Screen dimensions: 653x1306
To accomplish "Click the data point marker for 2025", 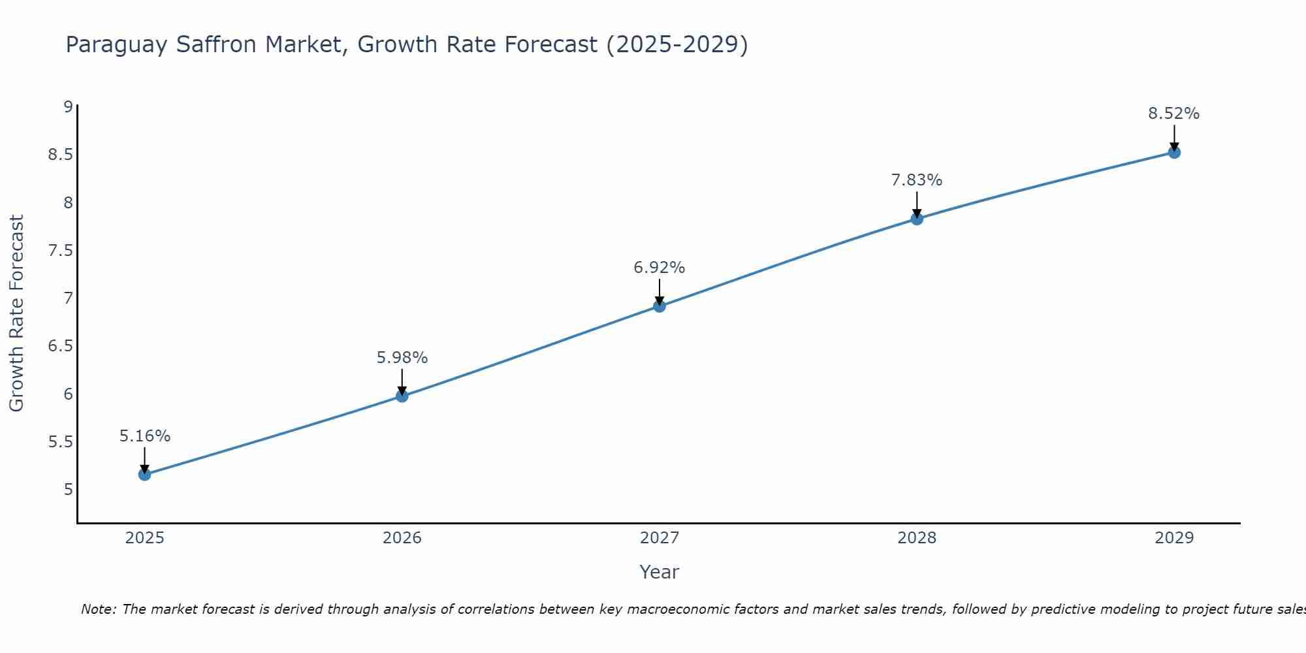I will coord(145,474).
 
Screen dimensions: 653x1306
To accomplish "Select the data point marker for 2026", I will coord(402,396).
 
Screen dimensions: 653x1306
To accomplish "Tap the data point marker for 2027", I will coord(660,306).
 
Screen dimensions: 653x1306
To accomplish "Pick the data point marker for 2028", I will coord(917,219).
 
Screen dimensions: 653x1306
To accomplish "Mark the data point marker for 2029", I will coord(1174,152).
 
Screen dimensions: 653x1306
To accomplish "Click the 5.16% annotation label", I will coord(145,436).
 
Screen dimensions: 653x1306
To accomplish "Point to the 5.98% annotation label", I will coord(402,358).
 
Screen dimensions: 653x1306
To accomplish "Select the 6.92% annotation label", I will coord(660,268).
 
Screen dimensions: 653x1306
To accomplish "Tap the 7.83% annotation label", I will coord(917,180).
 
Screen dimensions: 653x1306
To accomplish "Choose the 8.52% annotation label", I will coord(1174,114).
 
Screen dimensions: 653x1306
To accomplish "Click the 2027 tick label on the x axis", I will coord(660,538).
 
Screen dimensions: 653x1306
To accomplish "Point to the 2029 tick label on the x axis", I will coord(1174,538).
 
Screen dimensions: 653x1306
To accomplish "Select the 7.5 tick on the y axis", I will coord(60,251).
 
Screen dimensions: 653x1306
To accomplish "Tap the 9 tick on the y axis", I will coord(67,107).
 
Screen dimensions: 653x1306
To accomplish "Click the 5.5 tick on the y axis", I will coord(60,442).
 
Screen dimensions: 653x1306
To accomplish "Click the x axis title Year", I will coord(660,572).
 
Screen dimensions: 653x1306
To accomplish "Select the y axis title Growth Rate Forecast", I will coord(16,313).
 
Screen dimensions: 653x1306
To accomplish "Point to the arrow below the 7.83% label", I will coord(917,204).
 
